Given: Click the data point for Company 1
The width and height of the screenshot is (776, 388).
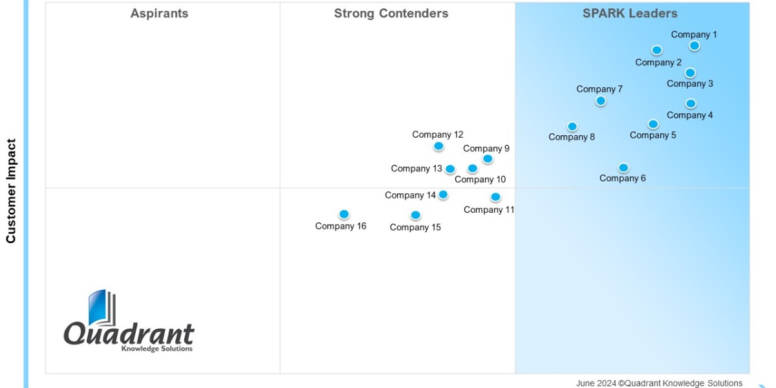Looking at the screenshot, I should pyautogui.click(x=694, y=45).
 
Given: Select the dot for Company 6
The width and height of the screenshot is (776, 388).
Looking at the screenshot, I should pyautogui.click(x=623, y=167).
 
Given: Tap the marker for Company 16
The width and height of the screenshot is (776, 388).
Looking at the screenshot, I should pyautogui.click(x=344, y=214).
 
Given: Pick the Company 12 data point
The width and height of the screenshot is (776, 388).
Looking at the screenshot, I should pyautogui.click(x=438, y=146).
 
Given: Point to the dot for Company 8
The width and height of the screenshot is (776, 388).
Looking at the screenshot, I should pyautogui.click(x=572, y=126).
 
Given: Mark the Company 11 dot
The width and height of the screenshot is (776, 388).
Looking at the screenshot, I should pyautogui.click(x=495, y=197).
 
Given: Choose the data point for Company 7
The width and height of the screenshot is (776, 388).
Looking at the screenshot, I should pyautogui.click(x=601, y=101).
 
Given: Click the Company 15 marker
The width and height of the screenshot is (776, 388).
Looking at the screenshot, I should pyautogui.click(x=415, y=215).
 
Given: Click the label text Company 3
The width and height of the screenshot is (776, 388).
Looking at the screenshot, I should pyautogui.click(x=690, y=83).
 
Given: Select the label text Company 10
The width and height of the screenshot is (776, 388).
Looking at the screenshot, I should pyautogui.click(x=480, y=180).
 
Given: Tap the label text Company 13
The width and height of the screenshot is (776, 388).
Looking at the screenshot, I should pyautogui.click(x=416, y=169).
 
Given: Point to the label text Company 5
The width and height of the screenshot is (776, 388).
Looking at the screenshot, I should pyautogui.click(x=652, y=135).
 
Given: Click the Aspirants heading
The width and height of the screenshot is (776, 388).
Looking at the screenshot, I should pyautogui.click(x=159, y=14).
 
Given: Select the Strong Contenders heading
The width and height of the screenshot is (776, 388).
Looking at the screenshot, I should pyautogui.click(x=391, y=14).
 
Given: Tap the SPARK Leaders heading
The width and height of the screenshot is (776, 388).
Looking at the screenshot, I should pyautogui.click(x=630, y=14).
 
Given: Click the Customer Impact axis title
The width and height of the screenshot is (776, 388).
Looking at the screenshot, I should pyautogui.click(x=11, y=191).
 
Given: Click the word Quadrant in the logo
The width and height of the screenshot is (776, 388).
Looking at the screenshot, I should pyautogui.click(x=129, y=334).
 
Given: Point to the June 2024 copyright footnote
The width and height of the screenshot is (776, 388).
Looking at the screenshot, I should pyautogui.click(x=659, y=383).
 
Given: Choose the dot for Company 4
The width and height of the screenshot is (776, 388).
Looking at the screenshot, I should pyautogui.click(x=691, y=103).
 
